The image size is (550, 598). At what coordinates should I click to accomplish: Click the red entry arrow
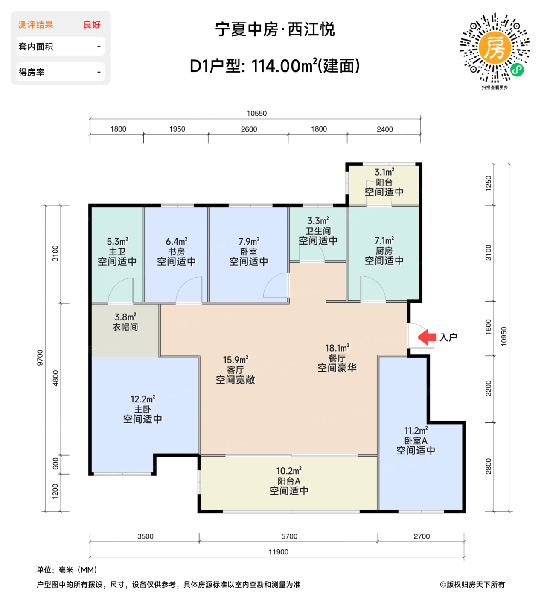tap(426, 337)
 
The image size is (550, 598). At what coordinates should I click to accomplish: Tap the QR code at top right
tap(495, 48)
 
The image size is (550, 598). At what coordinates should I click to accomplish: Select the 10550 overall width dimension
tap(256, 114)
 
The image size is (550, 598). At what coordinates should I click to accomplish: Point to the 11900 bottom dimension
tap(278, 552)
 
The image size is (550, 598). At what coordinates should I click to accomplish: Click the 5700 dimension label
tap(289, 536)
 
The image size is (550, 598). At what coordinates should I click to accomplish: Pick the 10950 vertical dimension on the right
tap(504, 336)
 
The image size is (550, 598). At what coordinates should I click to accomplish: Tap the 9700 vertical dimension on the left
tap(40, 358)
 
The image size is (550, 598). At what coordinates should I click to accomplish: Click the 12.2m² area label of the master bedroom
tap(143, 399)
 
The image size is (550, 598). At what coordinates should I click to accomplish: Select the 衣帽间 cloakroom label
tap(125, 327)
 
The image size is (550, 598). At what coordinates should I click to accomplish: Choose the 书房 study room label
tap(176, 252)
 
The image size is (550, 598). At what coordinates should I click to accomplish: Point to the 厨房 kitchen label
tap(384, 251)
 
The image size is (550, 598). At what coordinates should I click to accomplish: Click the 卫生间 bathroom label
tap(318, 231)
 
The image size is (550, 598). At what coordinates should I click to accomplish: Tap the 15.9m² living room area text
tap(235, 360)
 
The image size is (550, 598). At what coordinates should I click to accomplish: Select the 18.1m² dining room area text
tap(337, 348)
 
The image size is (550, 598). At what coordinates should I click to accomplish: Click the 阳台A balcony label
tap(289, 481)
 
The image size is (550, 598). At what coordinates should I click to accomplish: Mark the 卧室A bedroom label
tap(416, 441)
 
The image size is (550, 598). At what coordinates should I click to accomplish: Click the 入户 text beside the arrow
tap(448, 337)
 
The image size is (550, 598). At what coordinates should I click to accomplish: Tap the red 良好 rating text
tap(92, 25)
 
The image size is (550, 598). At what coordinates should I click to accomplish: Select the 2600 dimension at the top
tap(249, 129)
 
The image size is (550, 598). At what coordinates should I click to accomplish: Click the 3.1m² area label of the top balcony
tap(384, 172)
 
